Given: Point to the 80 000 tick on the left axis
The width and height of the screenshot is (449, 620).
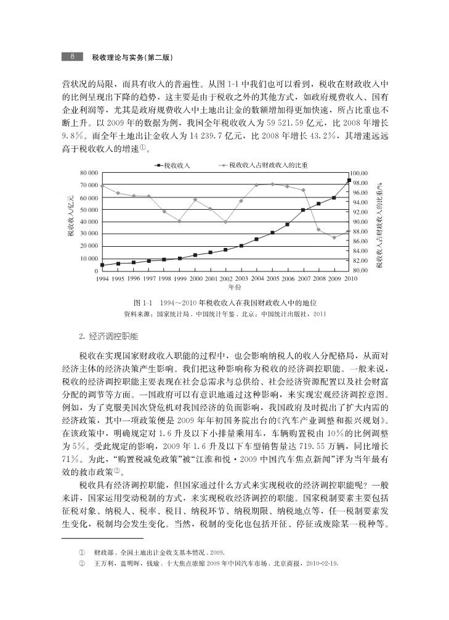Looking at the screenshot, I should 89,173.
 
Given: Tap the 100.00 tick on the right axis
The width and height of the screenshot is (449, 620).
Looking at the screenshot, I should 360,173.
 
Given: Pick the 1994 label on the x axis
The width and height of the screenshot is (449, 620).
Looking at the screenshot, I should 102,279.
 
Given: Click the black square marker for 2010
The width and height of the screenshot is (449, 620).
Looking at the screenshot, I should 349,180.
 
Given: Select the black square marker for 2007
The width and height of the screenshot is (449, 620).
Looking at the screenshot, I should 303,210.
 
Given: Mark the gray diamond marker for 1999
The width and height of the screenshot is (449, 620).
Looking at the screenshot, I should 180,221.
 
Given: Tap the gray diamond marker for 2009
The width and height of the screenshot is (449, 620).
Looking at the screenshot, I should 334,238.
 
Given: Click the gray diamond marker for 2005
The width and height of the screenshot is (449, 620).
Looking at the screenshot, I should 272,184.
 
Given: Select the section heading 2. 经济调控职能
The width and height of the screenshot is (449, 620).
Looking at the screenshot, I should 108,337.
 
